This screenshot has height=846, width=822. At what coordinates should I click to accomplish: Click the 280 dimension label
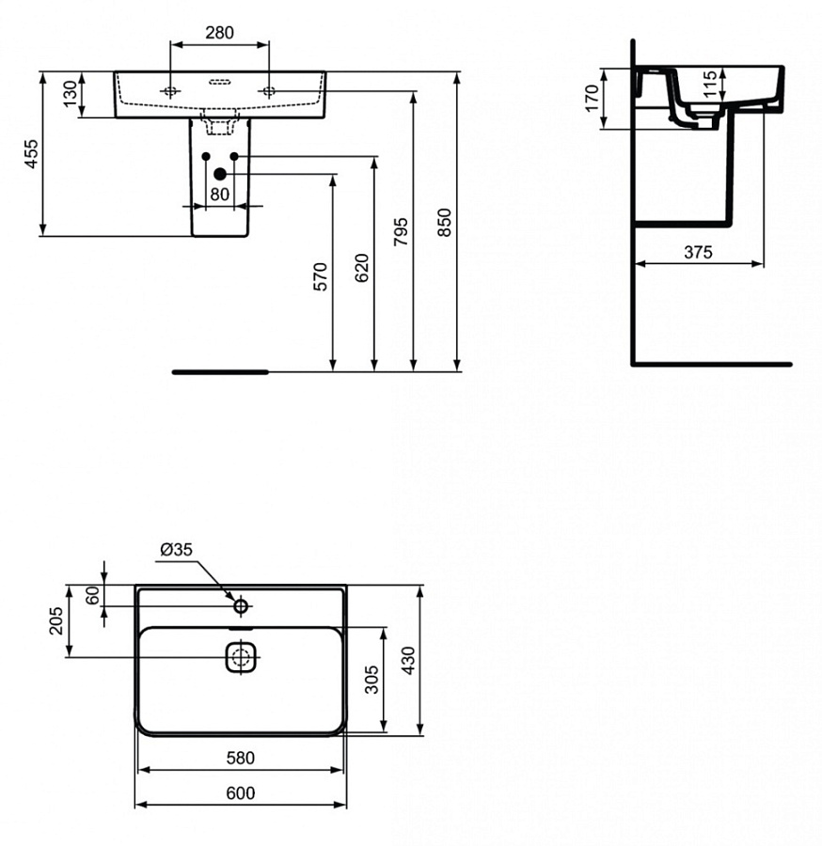[218, 33]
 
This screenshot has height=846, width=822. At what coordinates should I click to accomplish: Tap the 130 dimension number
[70, 95]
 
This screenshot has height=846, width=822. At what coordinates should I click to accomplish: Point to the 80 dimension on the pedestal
[219, 195]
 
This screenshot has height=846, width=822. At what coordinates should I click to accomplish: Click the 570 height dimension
[321, 275]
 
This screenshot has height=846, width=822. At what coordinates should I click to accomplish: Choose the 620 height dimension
[362, 268]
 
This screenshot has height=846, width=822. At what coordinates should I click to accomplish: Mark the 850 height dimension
[445, 222]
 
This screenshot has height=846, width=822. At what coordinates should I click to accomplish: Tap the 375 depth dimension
[698, 252]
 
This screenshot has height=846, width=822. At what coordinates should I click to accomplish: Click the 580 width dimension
[240, 757]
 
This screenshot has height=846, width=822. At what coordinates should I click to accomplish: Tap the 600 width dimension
[240, 792]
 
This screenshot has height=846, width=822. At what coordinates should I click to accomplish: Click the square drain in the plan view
[241, 656]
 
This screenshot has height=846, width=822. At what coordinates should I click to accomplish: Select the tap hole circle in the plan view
[241, 605]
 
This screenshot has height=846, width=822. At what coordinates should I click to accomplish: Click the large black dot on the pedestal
[220, 173]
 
